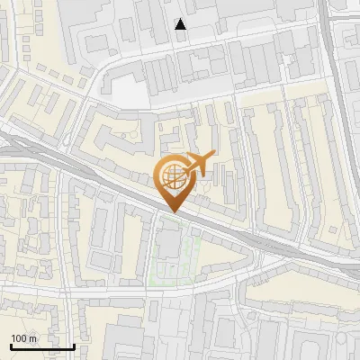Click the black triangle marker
(x=181, y=24)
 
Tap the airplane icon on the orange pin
(x=198, y=164)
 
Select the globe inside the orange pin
(x=171, y=175)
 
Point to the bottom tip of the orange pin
(x=172, y=212)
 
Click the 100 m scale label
(x=23, y=338)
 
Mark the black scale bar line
(x=42, y=346)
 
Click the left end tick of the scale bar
(x=11, y=345)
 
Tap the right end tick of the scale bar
(x=74, y=345)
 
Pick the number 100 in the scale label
(x=19, y=338)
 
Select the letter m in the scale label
(x=32, y=338)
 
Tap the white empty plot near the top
(x=126, y=92)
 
